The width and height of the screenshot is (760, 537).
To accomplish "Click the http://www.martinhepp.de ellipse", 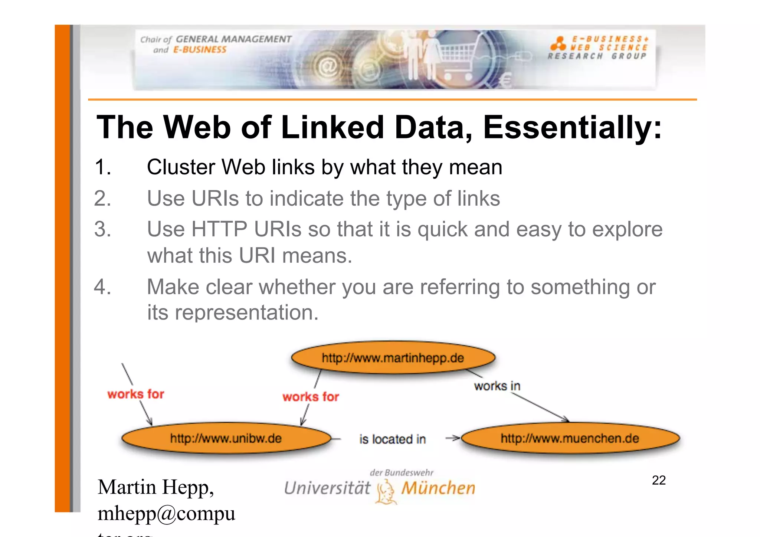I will [393, 358].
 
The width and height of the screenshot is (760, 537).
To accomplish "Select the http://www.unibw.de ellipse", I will [226, 438].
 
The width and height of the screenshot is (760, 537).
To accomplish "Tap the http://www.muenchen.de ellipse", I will [570, 438].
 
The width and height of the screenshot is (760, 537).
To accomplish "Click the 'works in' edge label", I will [497, 386].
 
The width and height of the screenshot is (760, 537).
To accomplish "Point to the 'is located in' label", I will [392, 439].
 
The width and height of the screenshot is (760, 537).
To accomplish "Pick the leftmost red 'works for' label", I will [136, 394].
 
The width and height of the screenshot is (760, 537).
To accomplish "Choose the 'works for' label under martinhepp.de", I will [311, 397].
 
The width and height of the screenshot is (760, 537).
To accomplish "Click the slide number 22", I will [659, 480].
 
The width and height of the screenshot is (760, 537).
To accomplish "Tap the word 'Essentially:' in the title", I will [572, 127].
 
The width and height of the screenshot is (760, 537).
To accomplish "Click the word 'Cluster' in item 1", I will [181, 167].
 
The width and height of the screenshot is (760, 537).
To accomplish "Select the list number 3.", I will [102, 229].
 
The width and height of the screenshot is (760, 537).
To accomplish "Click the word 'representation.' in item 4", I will [247, 312].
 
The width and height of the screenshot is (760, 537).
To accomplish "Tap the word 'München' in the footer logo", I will [438, 488].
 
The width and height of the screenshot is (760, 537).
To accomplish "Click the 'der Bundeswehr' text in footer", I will [402, 472].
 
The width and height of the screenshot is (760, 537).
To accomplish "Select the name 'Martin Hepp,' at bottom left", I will [155, 487].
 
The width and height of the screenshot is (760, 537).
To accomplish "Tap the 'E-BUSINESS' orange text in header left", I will [200, 50].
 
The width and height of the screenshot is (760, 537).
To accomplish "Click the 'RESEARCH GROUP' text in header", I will [597, 56].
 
